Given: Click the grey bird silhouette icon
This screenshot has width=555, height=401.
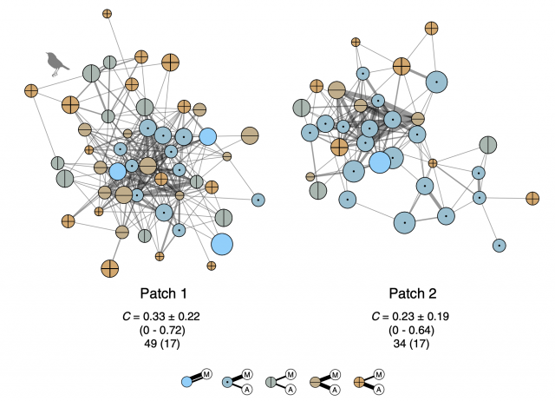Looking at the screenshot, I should point(57,61).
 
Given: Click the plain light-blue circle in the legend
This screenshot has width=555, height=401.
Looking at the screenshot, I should point(187,381).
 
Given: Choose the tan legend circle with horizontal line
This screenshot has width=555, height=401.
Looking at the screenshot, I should point(317,381).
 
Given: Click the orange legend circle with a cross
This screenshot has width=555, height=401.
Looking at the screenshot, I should point(361,381).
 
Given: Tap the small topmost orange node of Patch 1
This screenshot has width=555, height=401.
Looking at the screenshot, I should point(107,14).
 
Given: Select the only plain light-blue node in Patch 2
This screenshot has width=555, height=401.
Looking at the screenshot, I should point(379,162).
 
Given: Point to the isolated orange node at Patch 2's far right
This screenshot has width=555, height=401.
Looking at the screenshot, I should point(532,199).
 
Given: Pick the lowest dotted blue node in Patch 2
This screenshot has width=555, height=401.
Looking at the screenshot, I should point(499,246).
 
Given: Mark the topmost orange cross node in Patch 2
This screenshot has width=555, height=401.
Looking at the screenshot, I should point(431,28).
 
